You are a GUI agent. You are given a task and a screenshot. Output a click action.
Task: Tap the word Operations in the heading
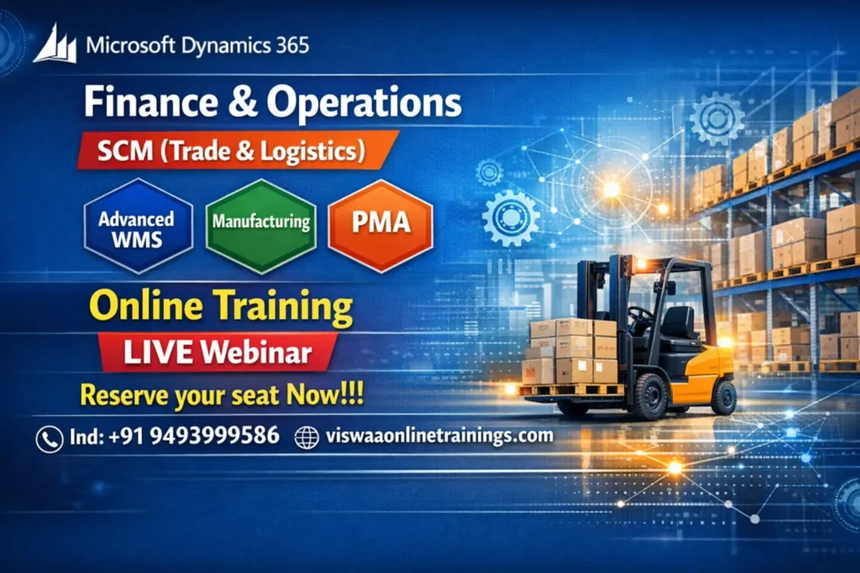pos(364,104)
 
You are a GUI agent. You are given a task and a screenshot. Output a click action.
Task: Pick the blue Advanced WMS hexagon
pos(136,227)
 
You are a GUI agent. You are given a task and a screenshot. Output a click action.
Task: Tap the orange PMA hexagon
pos(380,225)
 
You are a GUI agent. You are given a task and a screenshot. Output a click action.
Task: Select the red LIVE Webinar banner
pos(218,352)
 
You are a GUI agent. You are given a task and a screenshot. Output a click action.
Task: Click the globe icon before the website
pos(307,437)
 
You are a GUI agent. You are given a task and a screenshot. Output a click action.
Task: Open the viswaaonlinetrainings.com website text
pos(437,436)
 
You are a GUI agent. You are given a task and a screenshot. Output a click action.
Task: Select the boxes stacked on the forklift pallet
pos(570,352)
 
